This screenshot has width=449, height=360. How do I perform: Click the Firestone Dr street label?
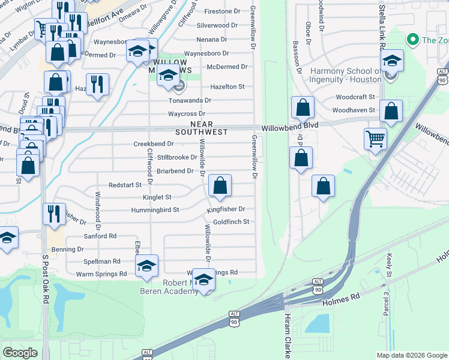(221, 11)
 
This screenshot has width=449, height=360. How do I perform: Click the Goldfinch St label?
(231, 222)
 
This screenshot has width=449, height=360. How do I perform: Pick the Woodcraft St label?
(355, 97)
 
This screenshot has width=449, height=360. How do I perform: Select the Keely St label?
(389, 281)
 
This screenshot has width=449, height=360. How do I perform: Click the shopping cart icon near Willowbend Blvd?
(375, 139)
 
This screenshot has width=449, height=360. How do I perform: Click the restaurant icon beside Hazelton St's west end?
(97, 83)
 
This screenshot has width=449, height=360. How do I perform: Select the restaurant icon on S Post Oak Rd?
(54, 214)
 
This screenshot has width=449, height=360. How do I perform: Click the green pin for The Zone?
(412, 40)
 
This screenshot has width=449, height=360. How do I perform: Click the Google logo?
(20, 353)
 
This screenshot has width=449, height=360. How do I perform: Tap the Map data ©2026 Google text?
(412, 355)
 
